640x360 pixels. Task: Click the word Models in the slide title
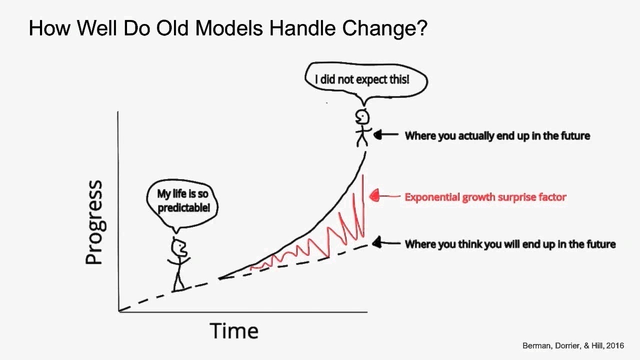point(229,28)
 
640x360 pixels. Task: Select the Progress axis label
point(94,222)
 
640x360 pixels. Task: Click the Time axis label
point(234,330)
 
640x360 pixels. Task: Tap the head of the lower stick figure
point(179,247)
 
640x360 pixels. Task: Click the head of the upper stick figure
point(362,117)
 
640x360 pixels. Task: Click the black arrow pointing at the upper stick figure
point(386,134)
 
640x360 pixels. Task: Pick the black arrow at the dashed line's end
point(386,243)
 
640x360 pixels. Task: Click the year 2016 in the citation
point(615,345)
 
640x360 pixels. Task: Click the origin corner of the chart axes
point(118,311)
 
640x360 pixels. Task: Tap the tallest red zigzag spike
point(363,205)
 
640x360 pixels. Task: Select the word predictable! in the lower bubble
point(183,207)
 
